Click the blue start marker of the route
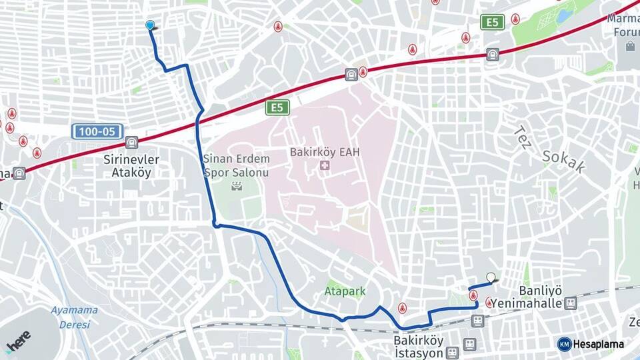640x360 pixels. click(x=150, y=25)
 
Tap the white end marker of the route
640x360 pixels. click(x=491, y=277)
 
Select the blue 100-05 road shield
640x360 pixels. click(x=97, y=131)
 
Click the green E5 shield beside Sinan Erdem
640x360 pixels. click(x=277, y=107)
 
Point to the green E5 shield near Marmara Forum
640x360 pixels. click(x=492, y=23)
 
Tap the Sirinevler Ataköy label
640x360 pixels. click(x=131, y=165)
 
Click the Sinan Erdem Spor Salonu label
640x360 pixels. click(x=236, y=165)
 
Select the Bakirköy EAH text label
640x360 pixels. click(x=325, y=152)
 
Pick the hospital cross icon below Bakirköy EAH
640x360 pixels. click(x=325, y=165)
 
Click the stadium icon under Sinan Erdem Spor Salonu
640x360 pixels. click(x=235, y=186)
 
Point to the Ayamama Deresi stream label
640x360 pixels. click(x=74, y=317)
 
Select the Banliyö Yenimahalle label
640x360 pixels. click(x=540, y=297)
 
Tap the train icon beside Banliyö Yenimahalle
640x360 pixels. click(x=570, y=303)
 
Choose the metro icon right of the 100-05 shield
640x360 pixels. click(x=132, y=142)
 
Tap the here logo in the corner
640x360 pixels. click(x=19, y=340)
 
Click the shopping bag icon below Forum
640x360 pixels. click(x=630, y=46)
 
